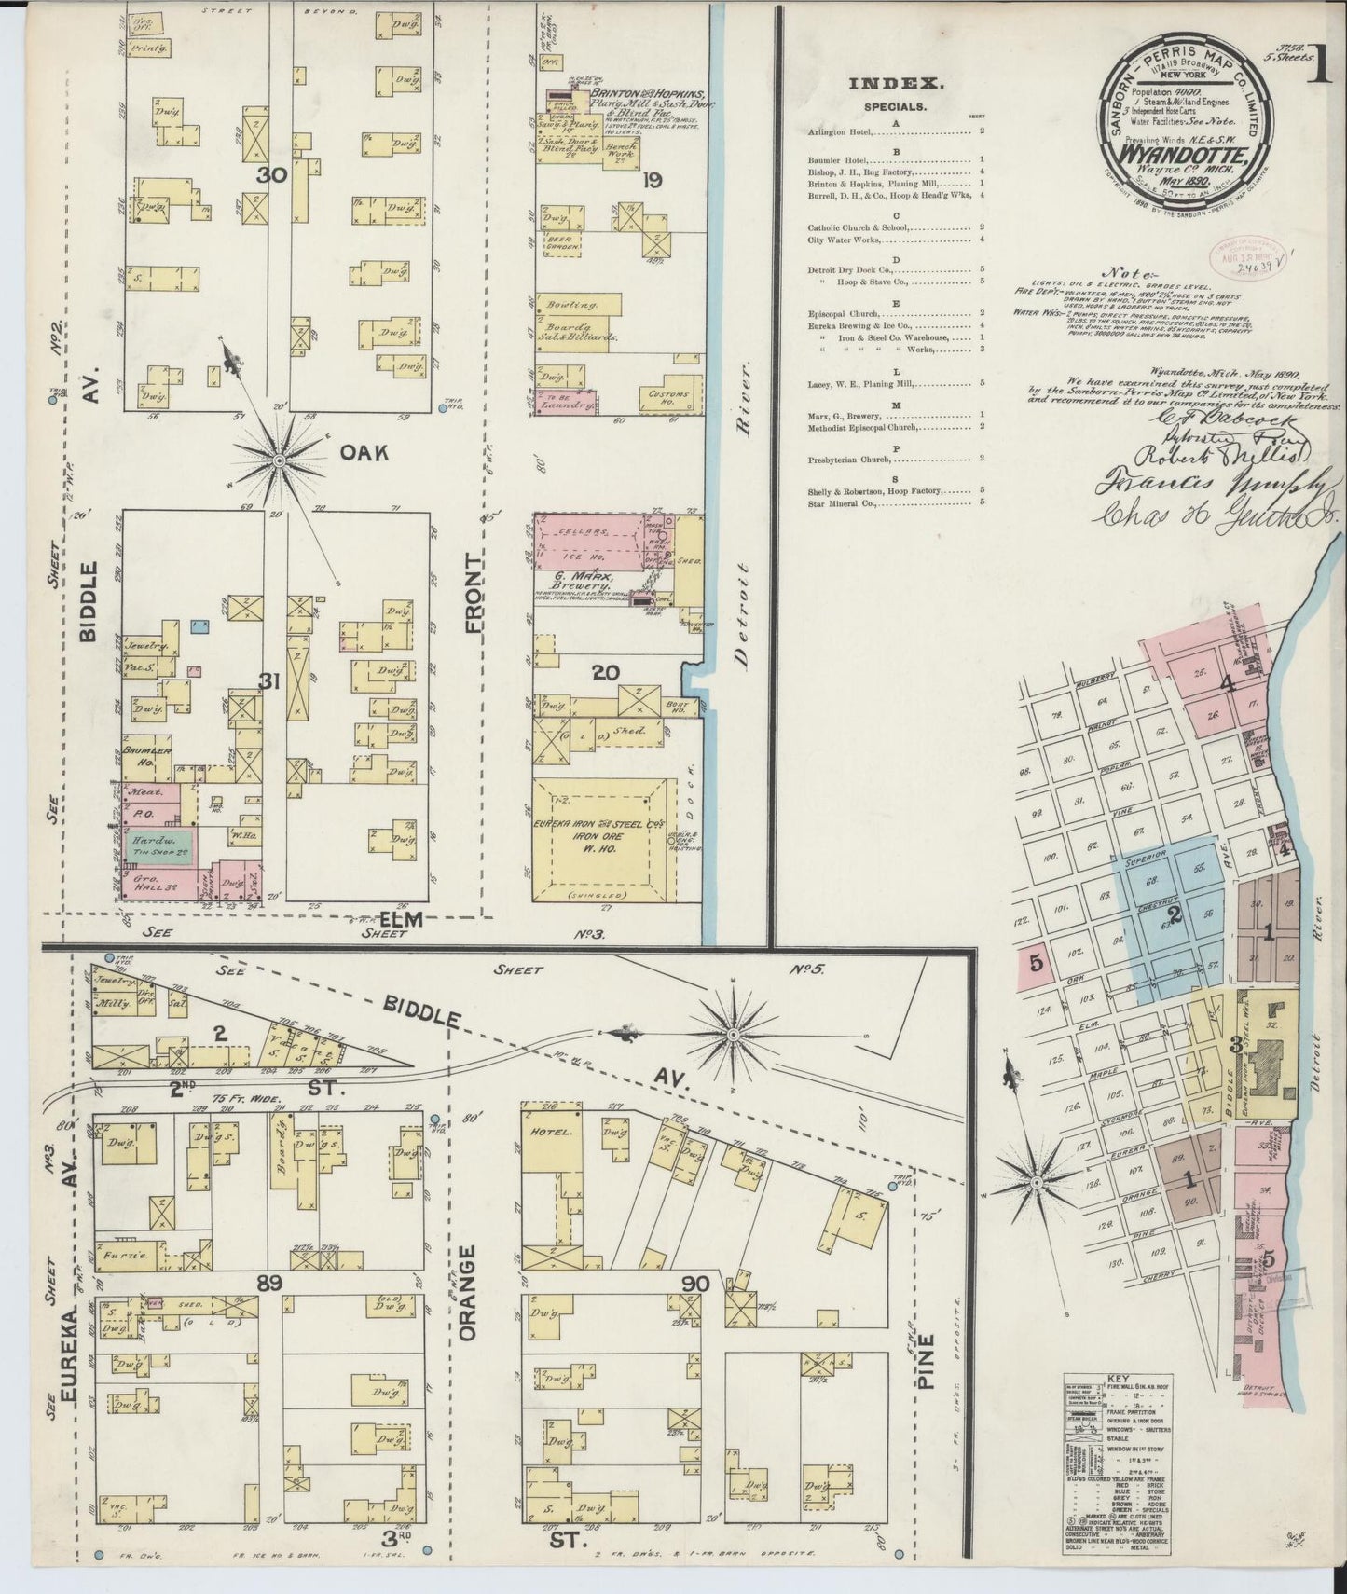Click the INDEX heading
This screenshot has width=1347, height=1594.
point(896,83)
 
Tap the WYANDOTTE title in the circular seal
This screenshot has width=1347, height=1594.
point(1181,151)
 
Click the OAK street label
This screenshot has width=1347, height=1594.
point(364,455)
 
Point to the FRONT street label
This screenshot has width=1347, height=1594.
point(475,597)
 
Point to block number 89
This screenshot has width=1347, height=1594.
point(269,1284)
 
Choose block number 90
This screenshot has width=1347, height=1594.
point(694,1284)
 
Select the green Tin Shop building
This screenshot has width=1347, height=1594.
point(158,845)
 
